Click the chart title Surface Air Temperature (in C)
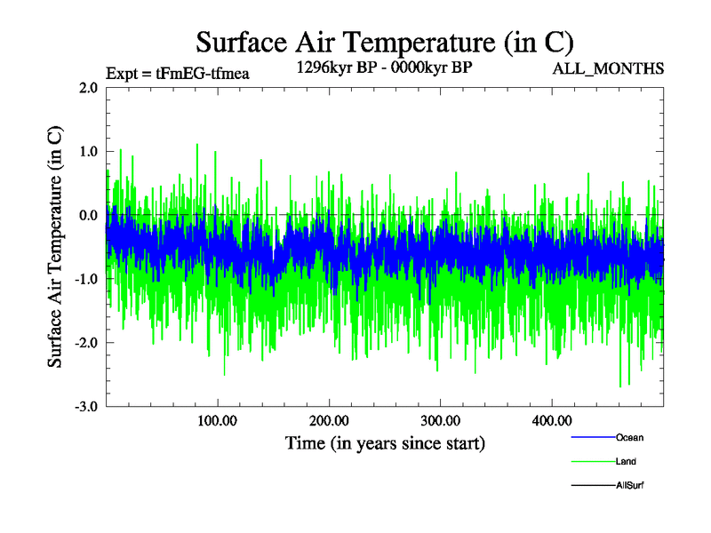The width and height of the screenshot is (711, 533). tap(385, 41)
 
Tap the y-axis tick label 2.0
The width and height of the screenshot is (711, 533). tap(87, 88)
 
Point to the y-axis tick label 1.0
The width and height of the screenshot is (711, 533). tap(87, 152)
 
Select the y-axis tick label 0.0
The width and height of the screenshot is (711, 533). tap(87, 216)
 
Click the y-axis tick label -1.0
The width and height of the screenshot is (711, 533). tap(85, 279)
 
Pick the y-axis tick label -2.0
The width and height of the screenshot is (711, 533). tap(85, 343)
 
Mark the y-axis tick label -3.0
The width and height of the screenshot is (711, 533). tap(85, 407)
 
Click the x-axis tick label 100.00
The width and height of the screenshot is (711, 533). tap(218, 420)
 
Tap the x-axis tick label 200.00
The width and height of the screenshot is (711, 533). tap(329, 420)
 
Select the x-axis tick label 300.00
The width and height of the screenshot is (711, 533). tap(440, 420)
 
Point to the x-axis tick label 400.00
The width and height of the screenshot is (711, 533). tap(551, 420)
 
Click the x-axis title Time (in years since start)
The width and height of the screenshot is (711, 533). tap(385, 442)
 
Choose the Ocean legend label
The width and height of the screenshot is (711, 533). tap(629, 437)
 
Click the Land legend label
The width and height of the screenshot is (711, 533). tap(626, 461)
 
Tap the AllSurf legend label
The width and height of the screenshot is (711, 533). tap(629, 485)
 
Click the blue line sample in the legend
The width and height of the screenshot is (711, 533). tap(591, 437)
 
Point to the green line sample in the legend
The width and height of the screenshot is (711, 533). tap(591, 461)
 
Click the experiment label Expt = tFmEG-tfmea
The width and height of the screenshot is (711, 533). tap(177, 74)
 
